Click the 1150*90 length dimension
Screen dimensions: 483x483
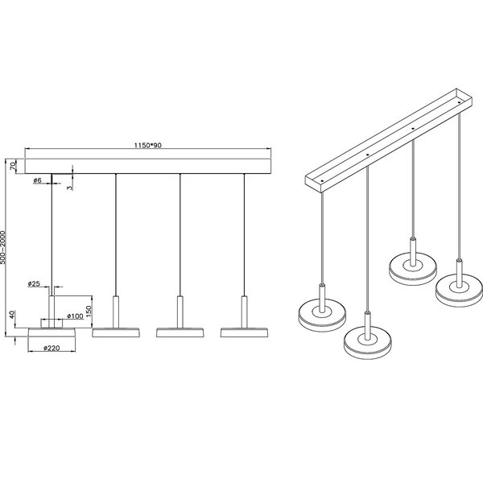(147, 145)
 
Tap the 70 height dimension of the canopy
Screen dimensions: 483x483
(13, 166)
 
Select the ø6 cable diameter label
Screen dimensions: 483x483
(37, 180)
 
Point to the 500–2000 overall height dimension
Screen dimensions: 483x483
(3, 247)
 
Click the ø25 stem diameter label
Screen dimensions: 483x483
(34, 283)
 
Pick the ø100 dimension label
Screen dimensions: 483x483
(75, 316)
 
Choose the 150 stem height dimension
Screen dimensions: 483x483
(89, 312)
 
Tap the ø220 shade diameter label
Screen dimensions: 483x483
(52, 348)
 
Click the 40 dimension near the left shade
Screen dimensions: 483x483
(12, 315)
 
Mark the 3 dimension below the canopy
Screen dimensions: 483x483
(70, 188)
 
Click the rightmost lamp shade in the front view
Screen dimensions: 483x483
(244, 332)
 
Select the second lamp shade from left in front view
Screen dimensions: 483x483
(116, 332)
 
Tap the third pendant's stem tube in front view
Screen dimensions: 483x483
(180, 312)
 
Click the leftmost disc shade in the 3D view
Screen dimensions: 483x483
(322, 316)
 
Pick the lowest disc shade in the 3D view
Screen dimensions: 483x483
(368, 343)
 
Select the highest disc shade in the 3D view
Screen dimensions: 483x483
(413, 269)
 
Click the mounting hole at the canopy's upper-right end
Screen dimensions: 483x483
(459, 102)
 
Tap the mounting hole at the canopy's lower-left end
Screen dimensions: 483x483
(322, 181)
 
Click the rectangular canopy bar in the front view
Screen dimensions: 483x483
(148, 166)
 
